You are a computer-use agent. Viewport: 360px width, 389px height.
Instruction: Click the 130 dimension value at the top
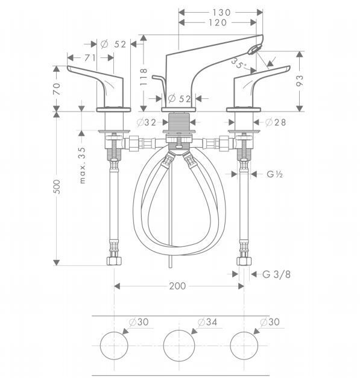(221, 12)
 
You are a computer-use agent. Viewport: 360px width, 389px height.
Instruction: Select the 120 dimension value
(218, 22)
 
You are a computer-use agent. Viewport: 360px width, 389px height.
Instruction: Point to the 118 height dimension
(144, 77)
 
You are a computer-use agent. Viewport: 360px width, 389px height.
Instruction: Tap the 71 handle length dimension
(90, 58)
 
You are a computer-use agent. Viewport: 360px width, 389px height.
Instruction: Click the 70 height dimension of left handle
(57, 89)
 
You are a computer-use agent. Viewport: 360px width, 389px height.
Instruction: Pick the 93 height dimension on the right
(300, 81)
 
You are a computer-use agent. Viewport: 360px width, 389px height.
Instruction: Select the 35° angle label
(239, 64)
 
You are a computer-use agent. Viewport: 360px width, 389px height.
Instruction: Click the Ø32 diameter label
(147, 122)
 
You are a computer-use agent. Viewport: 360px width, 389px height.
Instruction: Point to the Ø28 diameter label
(276, 122)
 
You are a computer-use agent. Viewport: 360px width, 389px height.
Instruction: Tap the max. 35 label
(82, 165)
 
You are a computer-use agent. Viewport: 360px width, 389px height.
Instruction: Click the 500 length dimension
(57, 187)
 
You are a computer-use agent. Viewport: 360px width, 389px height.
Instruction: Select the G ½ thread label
(274, 174)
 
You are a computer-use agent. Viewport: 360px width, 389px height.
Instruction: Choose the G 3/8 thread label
(276, 274)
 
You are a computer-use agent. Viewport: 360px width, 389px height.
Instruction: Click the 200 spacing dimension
(177, 286)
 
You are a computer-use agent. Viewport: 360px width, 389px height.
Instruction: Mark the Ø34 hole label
(207, 322)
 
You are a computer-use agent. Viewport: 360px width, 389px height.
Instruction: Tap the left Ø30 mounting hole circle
(114, 332)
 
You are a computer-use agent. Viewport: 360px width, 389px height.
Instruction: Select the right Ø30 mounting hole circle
(244, 332)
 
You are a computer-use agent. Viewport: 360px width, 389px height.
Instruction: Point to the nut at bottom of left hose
(115, 261)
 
